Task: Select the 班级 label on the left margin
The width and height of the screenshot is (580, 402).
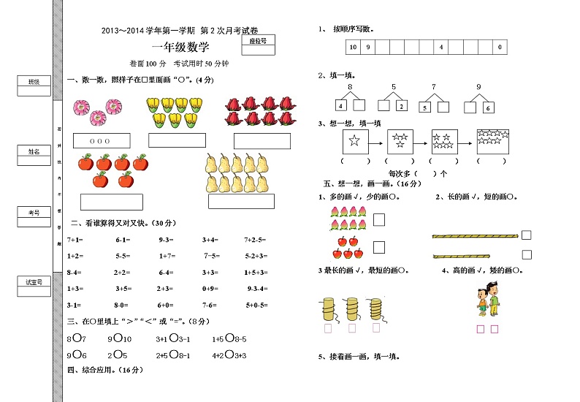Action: tap(34, 82)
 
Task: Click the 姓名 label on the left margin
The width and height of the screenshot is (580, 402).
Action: tap(34, 151)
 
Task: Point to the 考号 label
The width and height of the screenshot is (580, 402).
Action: tap(34, 213)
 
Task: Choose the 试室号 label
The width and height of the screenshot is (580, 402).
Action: tap(34, 281)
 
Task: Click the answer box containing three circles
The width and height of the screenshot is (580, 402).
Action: tap(102, 140)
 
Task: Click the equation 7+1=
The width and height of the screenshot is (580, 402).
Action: tap(75, 240)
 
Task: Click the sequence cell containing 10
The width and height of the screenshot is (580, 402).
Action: tap(353, 48)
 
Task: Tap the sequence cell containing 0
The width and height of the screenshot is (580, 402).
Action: tap(500, 48)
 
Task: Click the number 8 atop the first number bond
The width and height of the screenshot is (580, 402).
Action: tap(350, 87)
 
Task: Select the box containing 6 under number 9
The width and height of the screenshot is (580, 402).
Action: tap(488, 107)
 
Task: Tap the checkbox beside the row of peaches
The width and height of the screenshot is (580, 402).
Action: tap(379, 219)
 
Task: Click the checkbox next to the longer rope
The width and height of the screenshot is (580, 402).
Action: tap(526, 235)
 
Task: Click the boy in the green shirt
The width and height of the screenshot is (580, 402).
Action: tap(495, 300)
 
